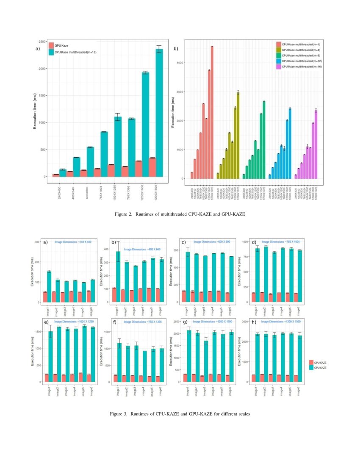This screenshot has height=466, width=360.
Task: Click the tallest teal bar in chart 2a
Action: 159,114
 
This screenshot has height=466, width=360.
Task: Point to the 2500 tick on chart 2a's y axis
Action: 42,42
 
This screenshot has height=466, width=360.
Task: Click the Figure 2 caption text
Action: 180,214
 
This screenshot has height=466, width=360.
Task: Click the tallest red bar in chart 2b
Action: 212,112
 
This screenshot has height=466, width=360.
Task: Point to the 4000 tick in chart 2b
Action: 181,63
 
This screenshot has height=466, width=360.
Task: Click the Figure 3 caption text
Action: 180,413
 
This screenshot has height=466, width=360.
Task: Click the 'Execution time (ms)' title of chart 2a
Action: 36,109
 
